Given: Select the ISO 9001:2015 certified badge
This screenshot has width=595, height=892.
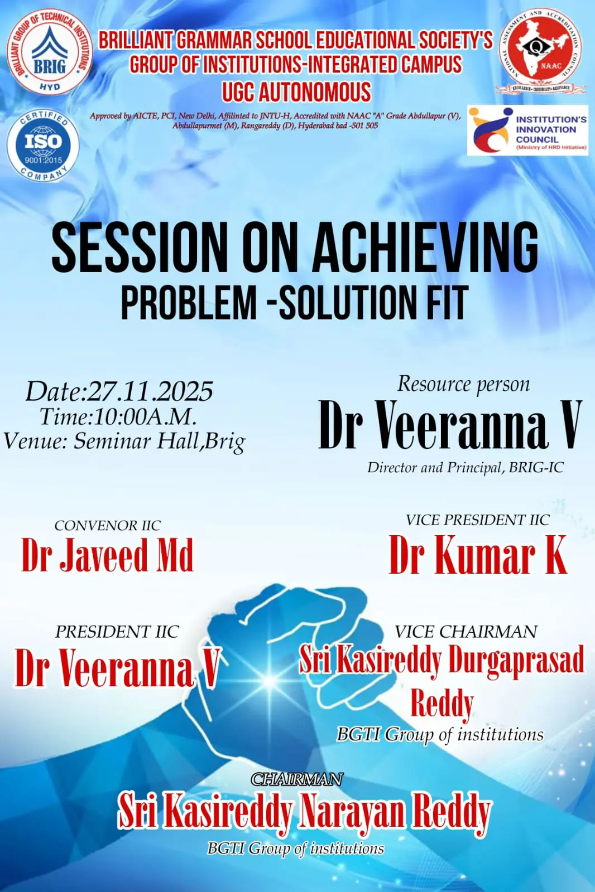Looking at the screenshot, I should click(43, 144).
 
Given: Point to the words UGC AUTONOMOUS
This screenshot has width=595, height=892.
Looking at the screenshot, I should click(296, 92).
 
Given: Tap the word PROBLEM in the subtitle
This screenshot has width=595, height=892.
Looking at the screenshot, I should click(189, 303).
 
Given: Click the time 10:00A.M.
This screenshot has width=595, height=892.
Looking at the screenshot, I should click(146, 416).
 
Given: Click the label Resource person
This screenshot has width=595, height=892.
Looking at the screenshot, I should click(463, 384).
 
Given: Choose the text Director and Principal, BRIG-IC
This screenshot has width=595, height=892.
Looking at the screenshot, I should click(465, 467).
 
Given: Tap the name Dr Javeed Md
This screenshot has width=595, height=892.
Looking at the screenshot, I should click(107, 555).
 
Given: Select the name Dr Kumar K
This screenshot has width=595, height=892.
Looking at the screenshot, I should click(478, 555).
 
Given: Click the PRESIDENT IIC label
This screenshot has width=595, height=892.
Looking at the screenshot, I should click(117, 632).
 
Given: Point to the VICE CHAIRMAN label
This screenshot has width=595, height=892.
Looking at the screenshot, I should click(466, 632).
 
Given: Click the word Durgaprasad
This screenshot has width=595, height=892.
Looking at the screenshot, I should click(516, 660).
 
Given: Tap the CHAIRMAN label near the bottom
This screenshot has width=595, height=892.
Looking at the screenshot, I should click(297, 779).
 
